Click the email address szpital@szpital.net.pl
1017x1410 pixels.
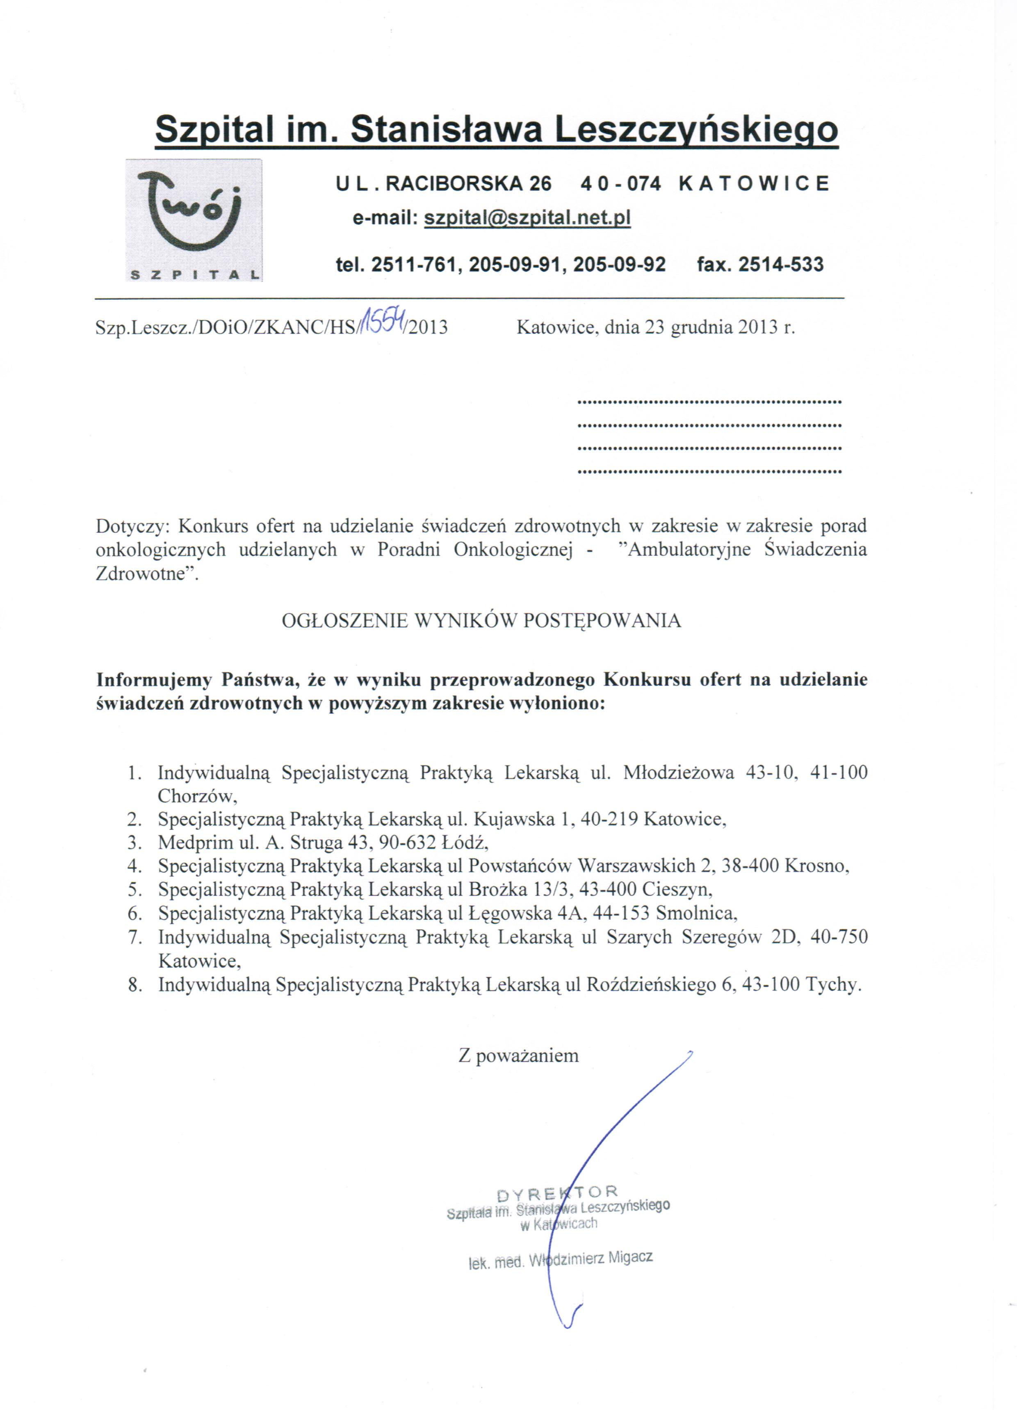point(527,218)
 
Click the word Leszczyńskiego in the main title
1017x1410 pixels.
point(696,130)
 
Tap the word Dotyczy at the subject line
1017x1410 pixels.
point(130,526)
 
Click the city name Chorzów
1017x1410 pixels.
point(197,796)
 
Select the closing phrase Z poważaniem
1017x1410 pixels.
point(518,1055)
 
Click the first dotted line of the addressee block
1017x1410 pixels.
point(709,402)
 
